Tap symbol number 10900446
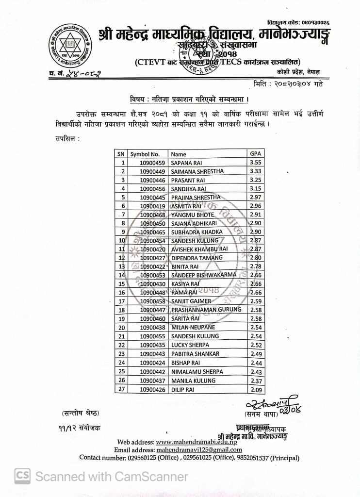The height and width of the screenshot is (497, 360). point(152,180)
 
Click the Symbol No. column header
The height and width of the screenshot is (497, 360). point(145,154)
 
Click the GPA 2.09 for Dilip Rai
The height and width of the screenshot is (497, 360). point(256,389)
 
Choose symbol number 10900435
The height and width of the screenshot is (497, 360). point(152,345)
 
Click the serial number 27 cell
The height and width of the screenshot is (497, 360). point(123,389)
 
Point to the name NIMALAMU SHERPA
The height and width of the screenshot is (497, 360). point(197,371)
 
